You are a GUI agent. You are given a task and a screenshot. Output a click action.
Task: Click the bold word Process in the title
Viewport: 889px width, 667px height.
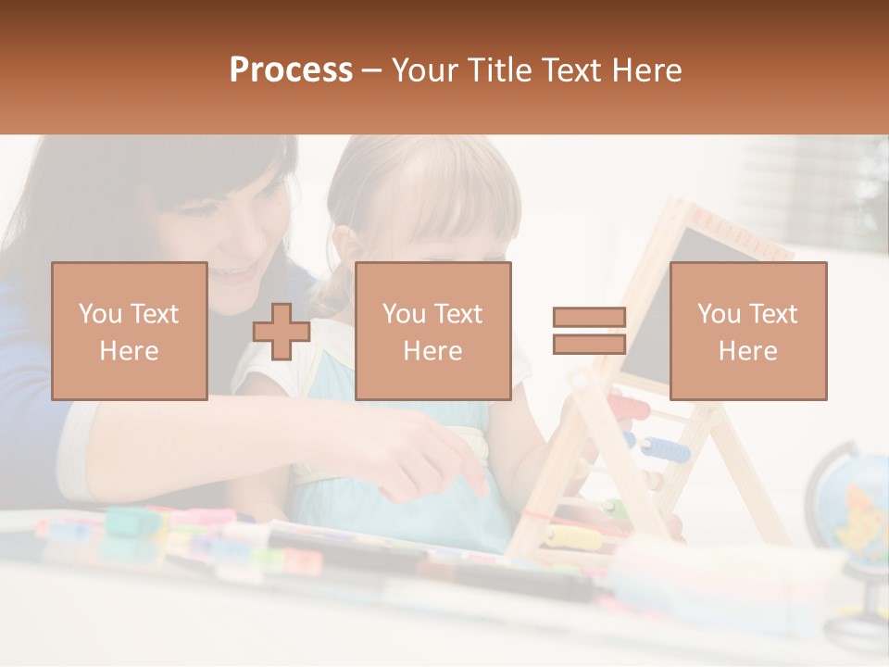(x=291, y=70)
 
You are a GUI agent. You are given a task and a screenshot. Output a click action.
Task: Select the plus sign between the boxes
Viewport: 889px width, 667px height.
(x=282, y=331)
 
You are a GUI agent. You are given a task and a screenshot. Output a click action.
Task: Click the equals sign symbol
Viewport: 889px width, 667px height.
(x=589, y=331)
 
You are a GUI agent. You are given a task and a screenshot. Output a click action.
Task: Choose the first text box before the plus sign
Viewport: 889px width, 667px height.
(x=129, y=331)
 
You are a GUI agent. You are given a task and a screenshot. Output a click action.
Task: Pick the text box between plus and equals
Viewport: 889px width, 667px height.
(x=432, y=331)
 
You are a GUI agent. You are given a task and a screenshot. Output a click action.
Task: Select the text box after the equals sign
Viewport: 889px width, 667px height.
(x=747, y=331)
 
